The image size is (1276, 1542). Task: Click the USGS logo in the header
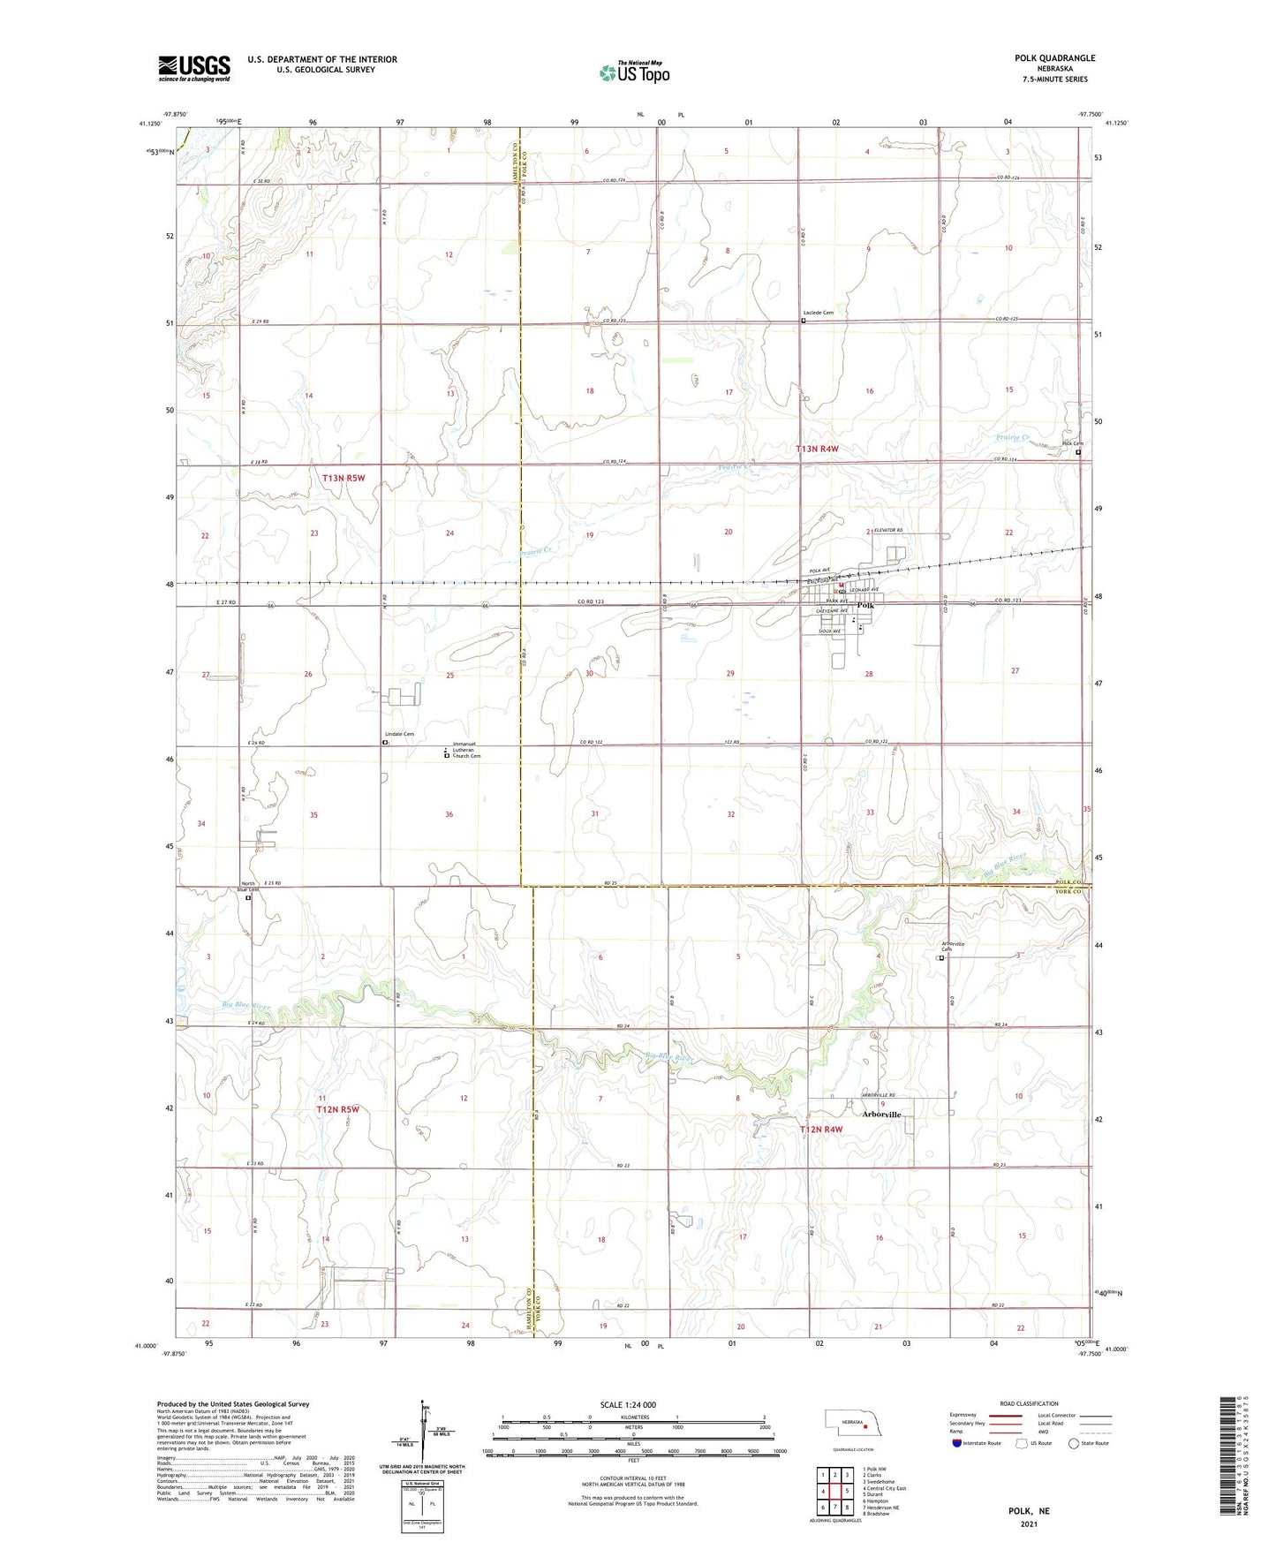[194, 68]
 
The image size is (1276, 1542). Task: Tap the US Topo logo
[634, 72]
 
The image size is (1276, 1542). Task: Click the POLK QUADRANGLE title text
[1054, 58]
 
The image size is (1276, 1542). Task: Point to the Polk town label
[865, 606]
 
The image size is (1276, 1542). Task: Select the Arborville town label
[881, 1115]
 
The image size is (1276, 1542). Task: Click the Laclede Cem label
[819, 313]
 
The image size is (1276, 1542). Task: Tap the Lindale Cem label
[398, 735]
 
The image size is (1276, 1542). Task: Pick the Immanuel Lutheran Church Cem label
[465, 750]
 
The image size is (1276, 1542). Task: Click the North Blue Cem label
[250, 887]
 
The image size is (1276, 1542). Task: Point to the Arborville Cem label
[952, 947]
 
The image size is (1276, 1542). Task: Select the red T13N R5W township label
[343, 478]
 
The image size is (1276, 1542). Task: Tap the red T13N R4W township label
[817, 449]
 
